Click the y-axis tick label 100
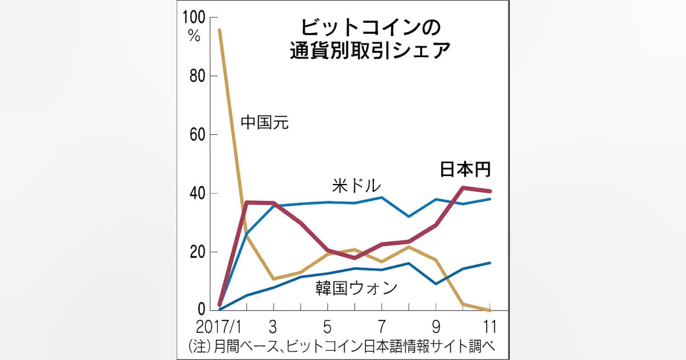click(x=193, y=18)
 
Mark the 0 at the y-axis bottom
click(x=201, y=309)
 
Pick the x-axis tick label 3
click(x=273, y=328)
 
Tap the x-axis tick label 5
click(x=327, y=328)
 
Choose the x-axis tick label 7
click(x=381, y=328)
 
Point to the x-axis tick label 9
click(x=436, y=328)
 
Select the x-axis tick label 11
click(x=489, y=328)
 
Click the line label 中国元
click(x=265, y=122)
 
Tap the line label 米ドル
click(x=356, y=186)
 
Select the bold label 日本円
click(x=466, y=170)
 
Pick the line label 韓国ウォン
click(x=356, y=287)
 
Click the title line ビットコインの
click(x=369, y=27)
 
